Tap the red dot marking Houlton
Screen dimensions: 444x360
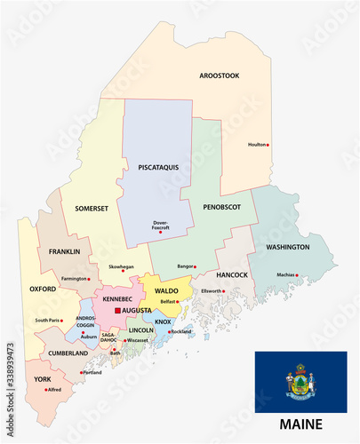pyautogui.click(x=269, y=146)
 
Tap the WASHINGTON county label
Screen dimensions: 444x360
pyautogui.click(x=287, y=247)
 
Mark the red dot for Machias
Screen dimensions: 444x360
pyautogui.click(x=298, y=274)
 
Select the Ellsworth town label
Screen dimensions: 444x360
pyautogui.click(x=210, y=290)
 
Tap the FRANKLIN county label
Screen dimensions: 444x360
pyautogui.click(x=64, y=251)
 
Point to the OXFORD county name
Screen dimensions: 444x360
pyautogui.click(x=42, y=289)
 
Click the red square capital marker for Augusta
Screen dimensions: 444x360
pyautogui.click(x=116, y=311)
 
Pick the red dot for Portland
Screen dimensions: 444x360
pyautogui.click(x=81, y=373)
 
